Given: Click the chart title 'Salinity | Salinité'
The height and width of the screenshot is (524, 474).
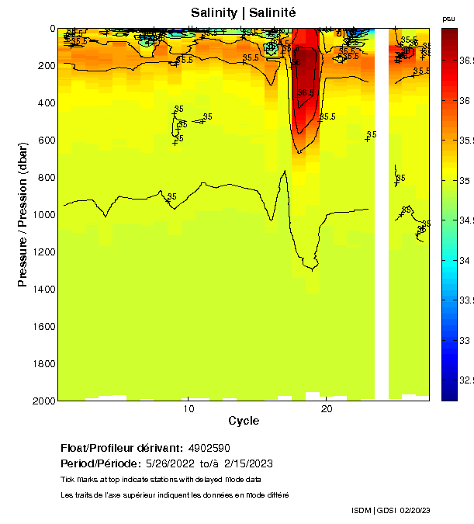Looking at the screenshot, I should (x=243, y=12).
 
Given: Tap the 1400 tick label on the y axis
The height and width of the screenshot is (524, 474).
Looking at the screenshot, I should (x=42, y=289).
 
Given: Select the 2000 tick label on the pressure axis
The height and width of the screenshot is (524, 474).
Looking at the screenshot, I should (x=42, y=401).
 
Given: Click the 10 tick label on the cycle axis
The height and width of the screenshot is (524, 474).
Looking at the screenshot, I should (x=188, y=409).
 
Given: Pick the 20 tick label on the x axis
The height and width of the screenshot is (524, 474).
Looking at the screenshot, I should (x=327, y=409).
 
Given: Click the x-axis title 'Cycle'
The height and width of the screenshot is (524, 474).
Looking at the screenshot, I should (x=244, y=421).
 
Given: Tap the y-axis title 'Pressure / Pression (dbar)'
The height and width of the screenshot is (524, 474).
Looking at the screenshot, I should (x=22, y=214).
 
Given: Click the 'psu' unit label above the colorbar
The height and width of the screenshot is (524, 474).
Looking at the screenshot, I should (x=448, y=19).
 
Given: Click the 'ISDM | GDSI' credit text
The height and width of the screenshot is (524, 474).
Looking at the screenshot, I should (x=372, y=510).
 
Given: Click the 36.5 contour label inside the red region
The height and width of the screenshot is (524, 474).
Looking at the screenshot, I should (x=306, y=92).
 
